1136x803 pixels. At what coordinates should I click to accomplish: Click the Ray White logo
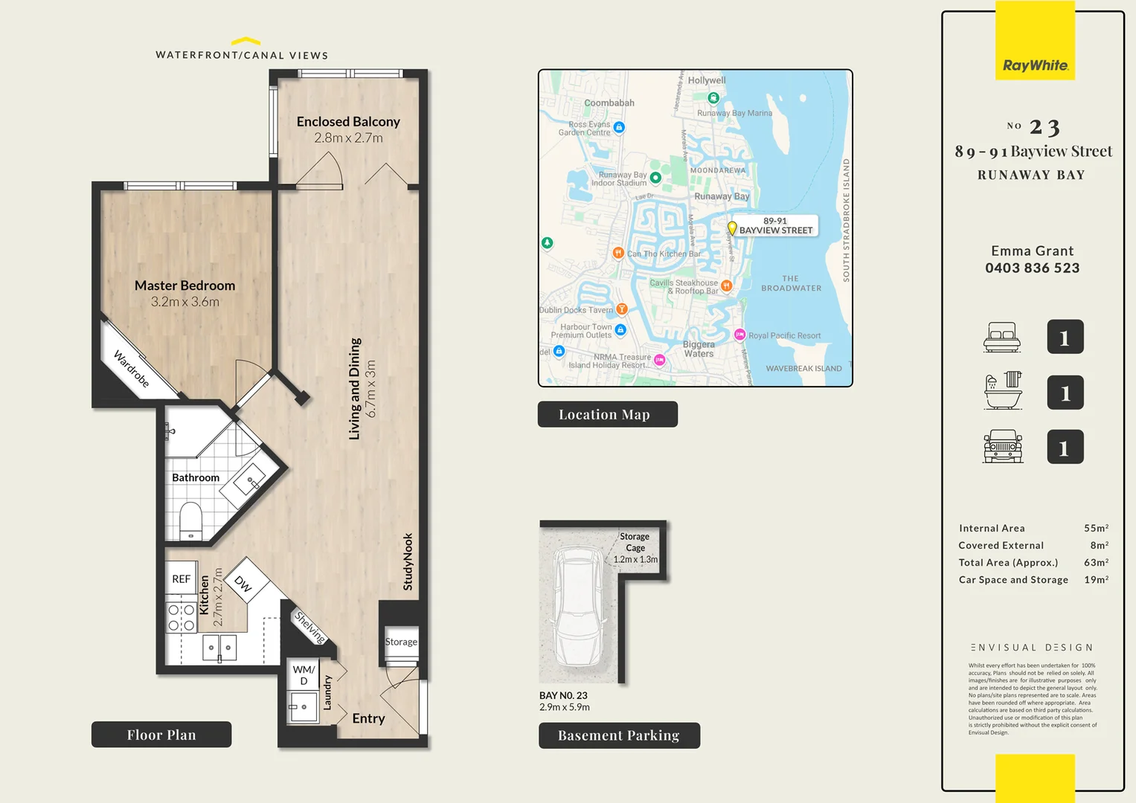pyautogui.click(x=1035, y=65)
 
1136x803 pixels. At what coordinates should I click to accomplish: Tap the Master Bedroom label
pyautogui.click(x=184, y=286)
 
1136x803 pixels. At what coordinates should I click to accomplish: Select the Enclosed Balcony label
pyautogui.click(x=348, y=121)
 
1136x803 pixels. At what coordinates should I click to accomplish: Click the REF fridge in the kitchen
pyautogui.click(x=182, y=578)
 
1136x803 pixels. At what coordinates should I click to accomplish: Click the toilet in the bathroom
pyautogui.click(x=191, y=520)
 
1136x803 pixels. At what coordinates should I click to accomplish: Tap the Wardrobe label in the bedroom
pyautogui.click(x=132, y=369)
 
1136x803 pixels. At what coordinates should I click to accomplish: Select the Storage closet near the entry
pyautogui.click(x=401, y=642)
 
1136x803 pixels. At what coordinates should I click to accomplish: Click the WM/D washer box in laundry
pyautogui.click(x=304, y=674)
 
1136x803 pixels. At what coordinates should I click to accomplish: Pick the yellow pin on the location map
pyautogui.click(x=732, y=228)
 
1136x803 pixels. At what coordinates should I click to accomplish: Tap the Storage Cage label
pyautogui.click(x=635, y=542)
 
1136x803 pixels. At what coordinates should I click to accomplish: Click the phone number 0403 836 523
pyautogui.click(x=1032, y=268)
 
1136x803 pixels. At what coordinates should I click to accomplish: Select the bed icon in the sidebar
pyautogui.click(x=1001, y=338)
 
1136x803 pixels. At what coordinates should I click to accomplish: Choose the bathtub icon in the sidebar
pyautogui.click(x=1003, y=391)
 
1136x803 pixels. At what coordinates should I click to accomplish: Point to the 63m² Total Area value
pyautogui.click(x=1096, y=563)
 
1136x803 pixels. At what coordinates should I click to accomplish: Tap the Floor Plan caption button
pyautogui.click(x=161, y=735)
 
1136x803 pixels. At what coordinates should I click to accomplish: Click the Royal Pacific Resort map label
pyautogui.click(x=784, y=335)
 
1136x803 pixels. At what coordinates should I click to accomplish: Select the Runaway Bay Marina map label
pyautogui.click(x=734, y=113)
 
